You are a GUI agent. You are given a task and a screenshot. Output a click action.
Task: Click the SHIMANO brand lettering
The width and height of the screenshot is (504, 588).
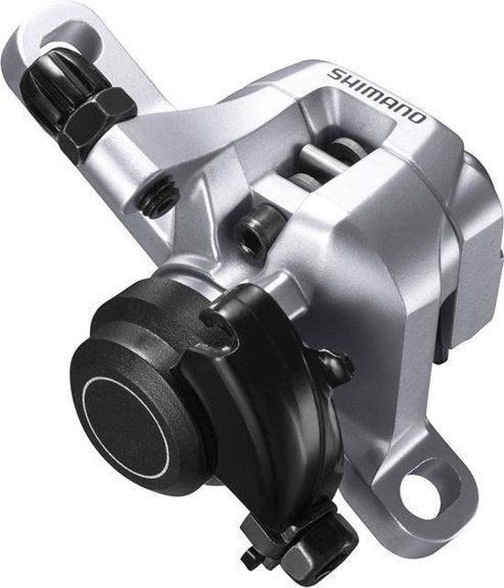click(377, 95)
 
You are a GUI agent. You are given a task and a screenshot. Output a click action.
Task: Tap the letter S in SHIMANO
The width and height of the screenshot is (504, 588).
click(334, 74)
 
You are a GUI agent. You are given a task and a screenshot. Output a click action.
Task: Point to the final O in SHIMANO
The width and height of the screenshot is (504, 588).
click(417, 118)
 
